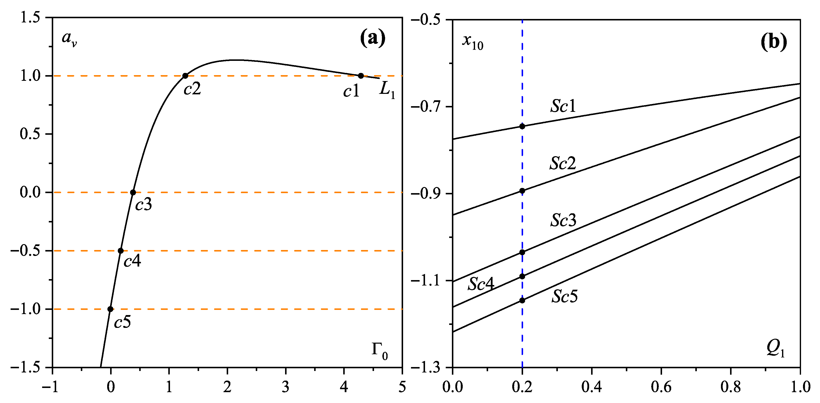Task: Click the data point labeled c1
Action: (361, 76)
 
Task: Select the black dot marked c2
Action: (185, 76)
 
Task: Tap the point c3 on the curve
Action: (133, 192)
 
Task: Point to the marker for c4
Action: (121, 251)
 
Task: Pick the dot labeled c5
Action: (110, 309)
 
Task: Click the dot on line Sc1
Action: (522, 126)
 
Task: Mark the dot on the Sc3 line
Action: (522, 252)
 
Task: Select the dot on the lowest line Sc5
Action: (522, 301)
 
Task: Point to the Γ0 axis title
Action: (380, 351)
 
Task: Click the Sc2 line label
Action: (563, 163)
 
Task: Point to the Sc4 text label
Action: (481, 284)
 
